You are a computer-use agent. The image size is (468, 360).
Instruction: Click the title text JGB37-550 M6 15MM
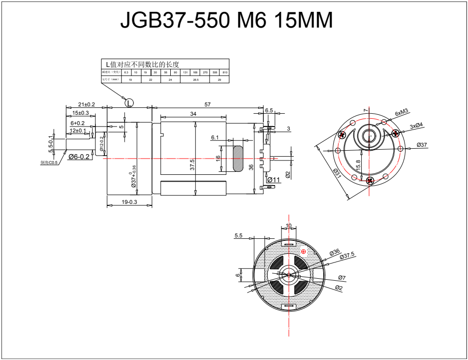(x=227, y=21)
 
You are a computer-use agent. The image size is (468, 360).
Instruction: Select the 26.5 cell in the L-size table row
(x=195, y=79)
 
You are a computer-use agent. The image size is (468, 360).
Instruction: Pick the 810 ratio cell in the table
(x=225, y=72)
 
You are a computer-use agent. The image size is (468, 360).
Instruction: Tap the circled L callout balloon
(x=129, y=102)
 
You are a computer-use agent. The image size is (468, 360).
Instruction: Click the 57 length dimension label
(x=207, y=104)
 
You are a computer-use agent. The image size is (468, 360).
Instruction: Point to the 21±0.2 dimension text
(x=87, y=104)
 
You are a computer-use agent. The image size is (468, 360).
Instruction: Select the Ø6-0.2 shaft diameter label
(x=79, y=157)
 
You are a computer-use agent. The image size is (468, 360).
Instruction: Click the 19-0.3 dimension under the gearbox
(x=129, y=202)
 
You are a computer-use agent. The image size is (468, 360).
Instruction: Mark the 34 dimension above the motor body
(x=193, y=114)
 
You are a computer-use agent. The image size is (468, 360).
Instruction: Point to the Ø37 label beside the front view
(x=422, y=145)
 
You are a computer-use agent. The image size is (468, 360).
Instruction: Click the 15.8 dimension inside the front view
(x=358, y=165)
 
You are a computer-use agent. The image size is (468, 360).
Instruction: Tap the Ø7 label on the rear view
(x=342, y=278)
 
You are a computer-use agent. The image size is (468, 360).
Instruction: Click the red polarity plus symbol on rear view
(x=303, y=252)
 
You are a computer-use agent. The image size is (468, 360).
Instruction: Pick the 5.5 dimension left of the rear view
(x=239, y=236)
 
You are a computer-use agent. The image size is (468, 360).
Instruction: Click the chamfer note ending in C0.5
(x=49, y=163)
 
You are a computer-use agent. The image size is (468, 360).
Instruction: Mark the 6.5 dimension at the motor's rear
(x=269, y=111)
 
